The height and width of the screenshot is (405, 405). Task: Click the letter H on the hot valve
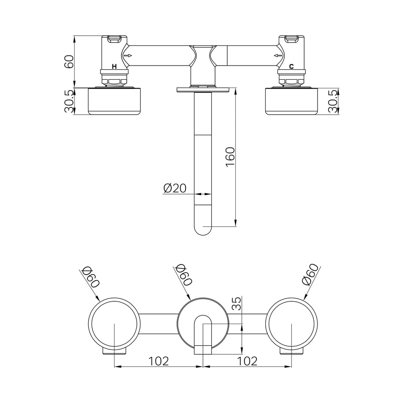(x=114, y=66)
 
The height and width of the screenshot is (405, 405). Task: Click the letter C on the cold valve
(x=291, y=66)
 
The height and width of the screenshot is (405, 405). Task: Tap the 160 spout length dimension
(x=230, y=157)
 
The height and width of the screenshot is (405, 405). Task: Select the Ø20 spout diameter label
(x=175, y=188)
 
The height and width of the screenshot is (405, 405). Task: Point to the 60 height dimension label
(x=69, y=62)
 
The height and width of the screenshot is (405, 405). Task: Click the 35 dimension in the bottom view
(x=237, y=303)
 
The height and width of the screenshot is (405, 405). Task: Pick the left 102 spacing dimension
(x=158, y=361)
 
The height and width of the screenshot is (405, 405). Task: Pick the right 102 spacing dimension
(x=247, y=361)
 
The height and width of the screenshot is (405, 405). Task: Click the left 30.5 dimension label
(x=69, y=101)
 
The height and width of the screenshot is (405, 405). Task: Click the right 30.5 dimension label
(x=333, y=101)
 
